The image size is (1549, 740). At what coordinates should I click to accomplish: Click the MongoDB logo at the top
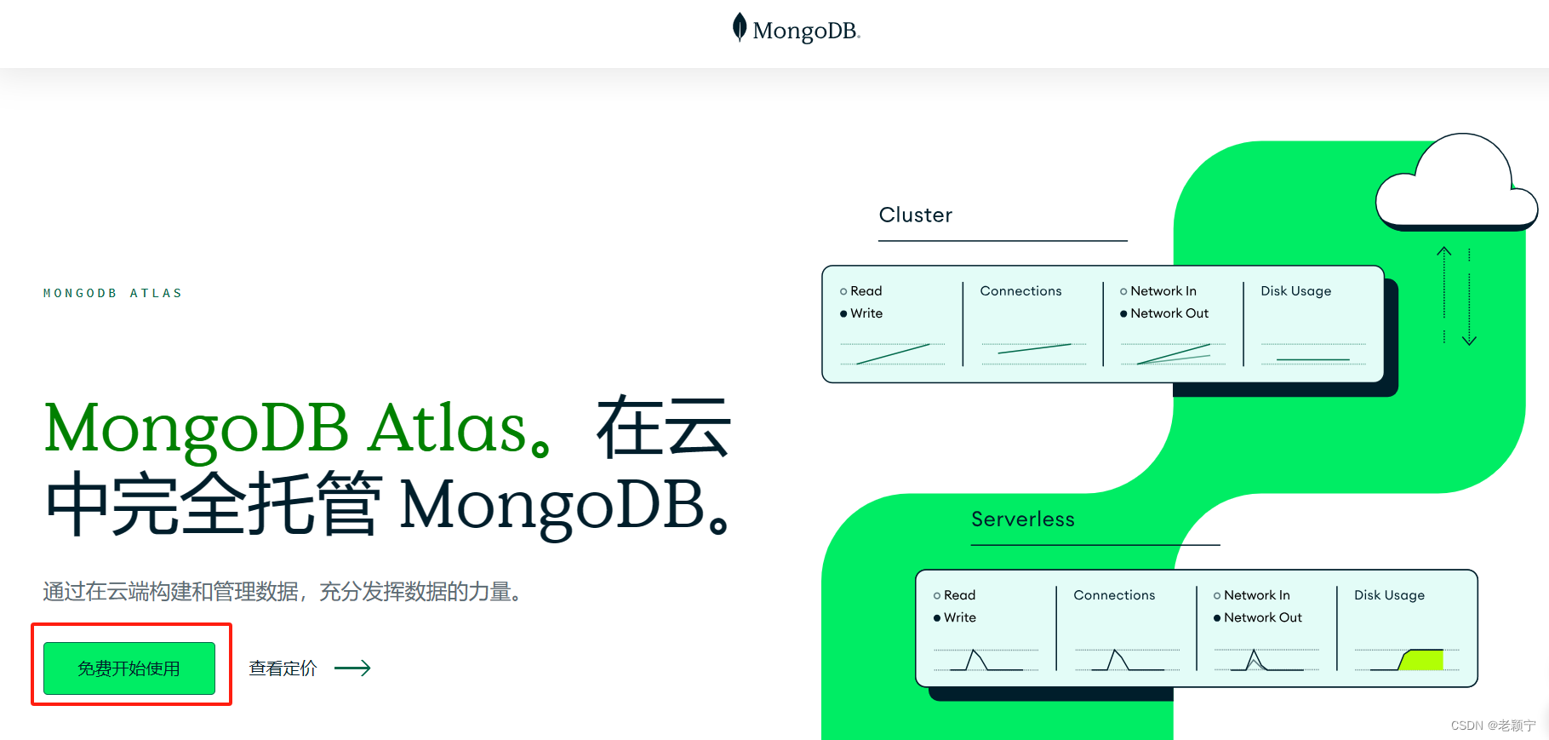797,30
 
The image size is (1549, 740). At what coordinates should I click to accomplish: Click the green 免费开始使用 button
129,668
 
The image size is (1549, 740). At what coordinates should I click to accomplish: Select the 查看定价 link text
283,668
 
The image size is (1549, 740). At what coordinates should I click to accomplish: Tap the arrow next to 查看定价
352,668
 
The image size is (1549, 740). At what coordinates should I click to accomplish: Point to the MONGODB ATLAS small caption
113,293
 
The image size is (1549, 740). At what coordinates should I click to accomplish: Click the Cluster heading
915,215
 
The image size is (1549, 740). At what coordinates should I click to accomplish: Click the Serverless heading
1022,519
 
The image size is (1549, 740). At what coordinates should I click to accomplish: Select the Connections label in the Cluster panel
1020,291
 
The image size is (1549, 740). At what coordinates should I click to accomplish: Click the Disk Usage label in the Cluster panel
1295,291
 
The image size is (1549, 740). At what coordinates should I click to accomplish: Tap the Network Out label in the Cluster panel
1169,313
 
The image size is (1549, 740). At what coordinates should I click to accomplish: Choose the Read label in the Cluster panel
866,291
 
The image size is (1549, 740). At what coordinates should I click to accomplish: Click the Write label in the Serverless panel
959,617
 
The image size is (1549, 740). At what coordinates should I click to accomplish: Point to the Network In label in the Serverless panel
1256,595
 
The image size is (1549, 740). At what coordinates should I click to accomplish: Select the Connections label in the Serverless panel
1114,595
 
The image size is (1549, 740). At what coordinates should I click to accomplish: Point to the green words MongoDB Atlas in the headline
286,427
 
